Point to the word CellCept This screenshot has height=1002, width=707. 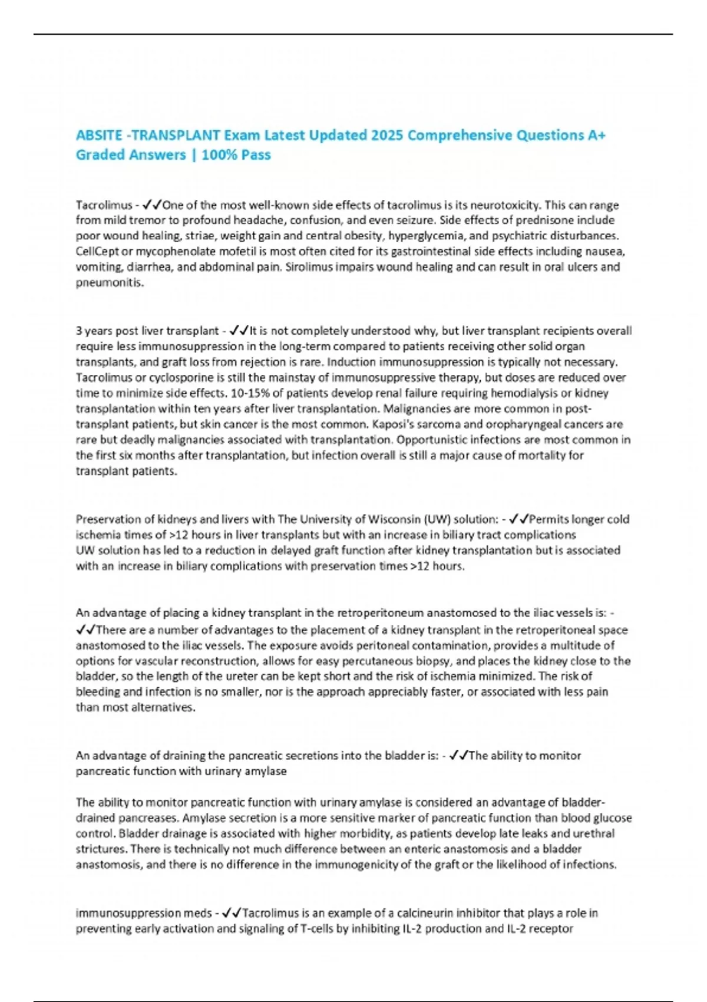point(96,252)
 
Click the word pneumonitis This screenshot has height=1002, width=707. point(110,283)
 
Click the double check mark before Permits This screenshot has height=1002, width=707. point(519,519)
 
